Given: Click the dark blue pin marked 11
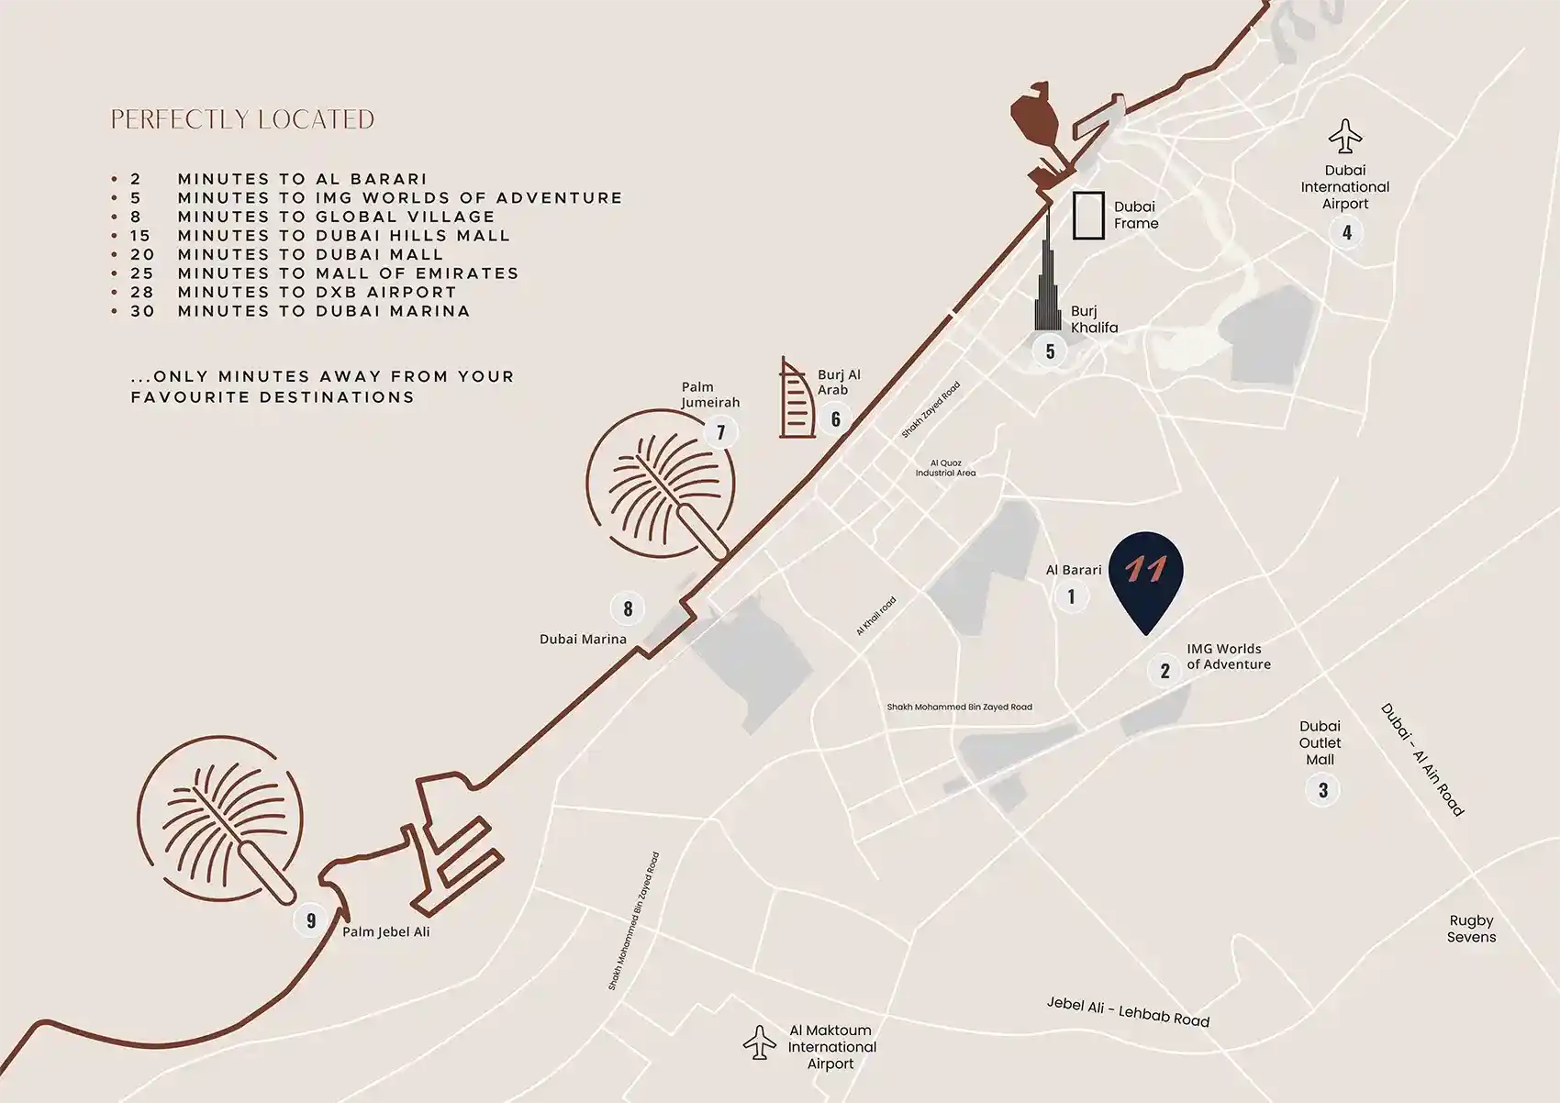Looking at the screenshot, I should pyautogui.click(x=1145, y=576).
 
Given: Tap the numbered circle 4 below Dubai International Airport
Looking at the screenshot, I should pyautogui.click(x=1346, y=232).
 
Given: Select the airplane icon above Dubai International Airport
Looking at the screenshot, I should pyautogui.click(x=1345, y=137).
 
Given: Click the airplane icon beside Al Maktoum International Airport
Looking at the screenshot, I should pyautogui.click(x=759, y=1043).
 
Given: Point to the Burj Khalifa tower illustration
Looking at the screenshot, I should pyautogui.click(x=1047, y=275).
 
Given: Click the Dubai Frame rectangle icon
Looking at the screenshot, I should pyautogui.click(x=1088, y=216).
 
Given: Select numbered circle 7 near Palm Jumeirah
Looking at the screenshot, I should pyautogui.click(x=720, y=432).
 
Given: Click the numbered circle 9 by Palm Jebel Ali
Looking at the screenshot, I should pyautogui.click(x=311, y=920).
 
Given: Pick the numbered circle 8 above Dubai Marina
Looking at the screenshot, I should pyautogui.click(x=628, y=608).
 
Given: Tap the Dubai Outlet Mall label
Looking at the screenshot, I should pyautogui.click(x=1320, y=742).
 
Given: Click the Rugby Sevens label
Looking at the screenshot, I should pyautogui.click(x=1471, y=929).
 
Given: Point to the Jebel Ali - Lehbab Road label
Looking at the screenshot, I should pyautogui.click(x=1128, y=1011).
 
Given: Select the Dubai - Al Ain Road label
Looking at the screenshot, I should pyautogui.click(x=1421, y=760).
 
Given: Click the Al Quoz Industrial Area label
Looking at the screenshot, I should pyautogui.click(x=945, y=468).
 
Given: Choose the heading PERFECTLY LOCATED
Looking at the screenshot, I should pyautogui.click(x=242, y=120).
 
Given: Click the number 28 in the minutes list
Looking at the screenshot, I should pyautogui.click(x=142, y=292).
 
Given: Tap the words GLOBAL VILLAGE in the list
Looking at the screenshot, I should pyautogui.click(x=405, y=217).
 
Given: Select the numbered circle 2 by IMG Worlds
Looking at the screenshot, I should pyautogui.click(x=1164, y=671).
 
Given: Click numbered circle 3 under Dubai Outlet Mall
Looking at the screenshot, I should pyautogui.click(x=1322, y=790).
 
